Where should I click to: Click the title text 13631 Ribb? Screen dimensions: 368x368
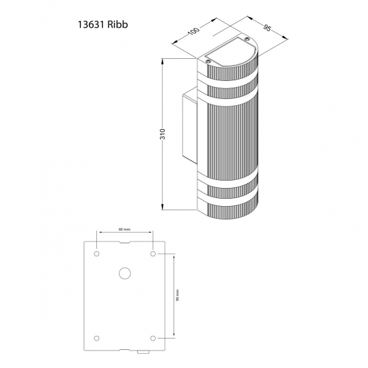pyautogui.click(x=103, y=24)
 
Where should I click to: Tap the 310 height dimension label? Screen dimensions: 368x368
pyautogui.click(x=163, y=134)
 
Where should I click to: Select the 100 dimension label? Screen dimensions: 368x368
pyautogui.click(x=194, y=31)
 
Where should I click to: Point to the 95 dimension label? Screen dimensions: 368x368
pyautogui.click(x=267, y=28)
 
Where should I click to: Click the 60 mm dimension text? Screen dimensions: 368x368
pyautogui.click(x=124, y=229)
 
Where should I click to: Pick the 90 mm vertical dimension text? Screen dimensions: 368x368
pyautogui.click(x=178, y=295)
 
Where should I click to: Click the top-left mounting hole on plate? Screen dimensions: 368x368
pyautogui.click(x=96, y=254)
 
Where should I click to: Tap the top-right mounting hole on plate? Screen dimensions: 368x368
pyautogui.click(x=153, y=254)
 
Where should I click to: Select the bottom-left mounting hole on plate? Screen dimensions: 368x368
pyautogui.click(x=96, y=338)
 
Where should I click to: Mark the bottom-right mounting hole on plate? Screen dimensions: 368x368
pyautogui.click(x=153, y=338)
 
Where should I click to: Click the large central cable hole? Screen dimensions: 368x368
pyautogui.click(x=125, y=273)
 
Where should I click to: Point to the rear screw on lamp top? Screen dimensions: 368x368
pyautogui.click(x=246, y=39)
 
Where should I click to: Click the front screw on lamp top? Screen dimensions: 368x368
pyautogui.click(x=208, y=62)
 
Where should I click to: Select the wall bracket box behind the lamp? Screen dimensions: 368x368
pyautogui.click(x=190, y=126)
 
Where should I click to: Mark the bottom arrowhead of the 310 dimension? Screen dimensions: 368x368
pyautogui.click(x=163, y=207)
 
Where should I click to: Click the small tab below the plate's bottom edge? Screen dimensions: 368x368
pyautogui.click(x=143, y=352)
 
